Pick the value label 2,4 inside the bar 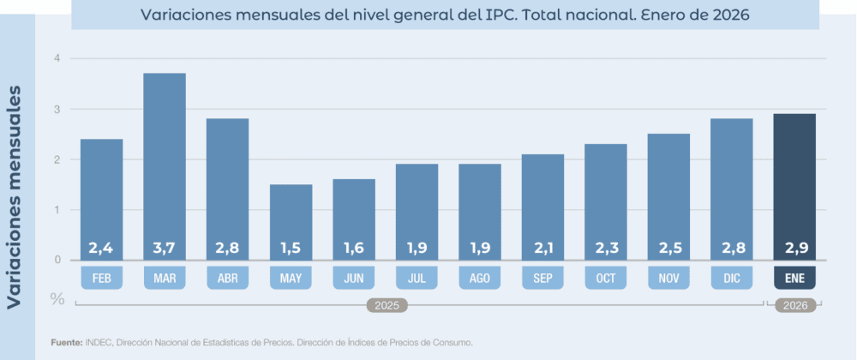click(101, 249)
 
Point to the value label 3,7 click(164, 249)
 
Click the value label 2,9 click(794, 249)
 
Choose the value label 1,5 click(291, 249)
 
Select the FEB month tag click(101, 278)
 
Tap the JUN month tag click(354, 278)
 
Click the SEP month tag click(542, 278)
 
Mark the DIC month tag click(732, 278)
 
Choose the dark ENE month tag click(794, 278)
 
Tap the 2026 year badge click(794, 304)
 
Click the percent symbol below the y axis click(57, 298)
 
